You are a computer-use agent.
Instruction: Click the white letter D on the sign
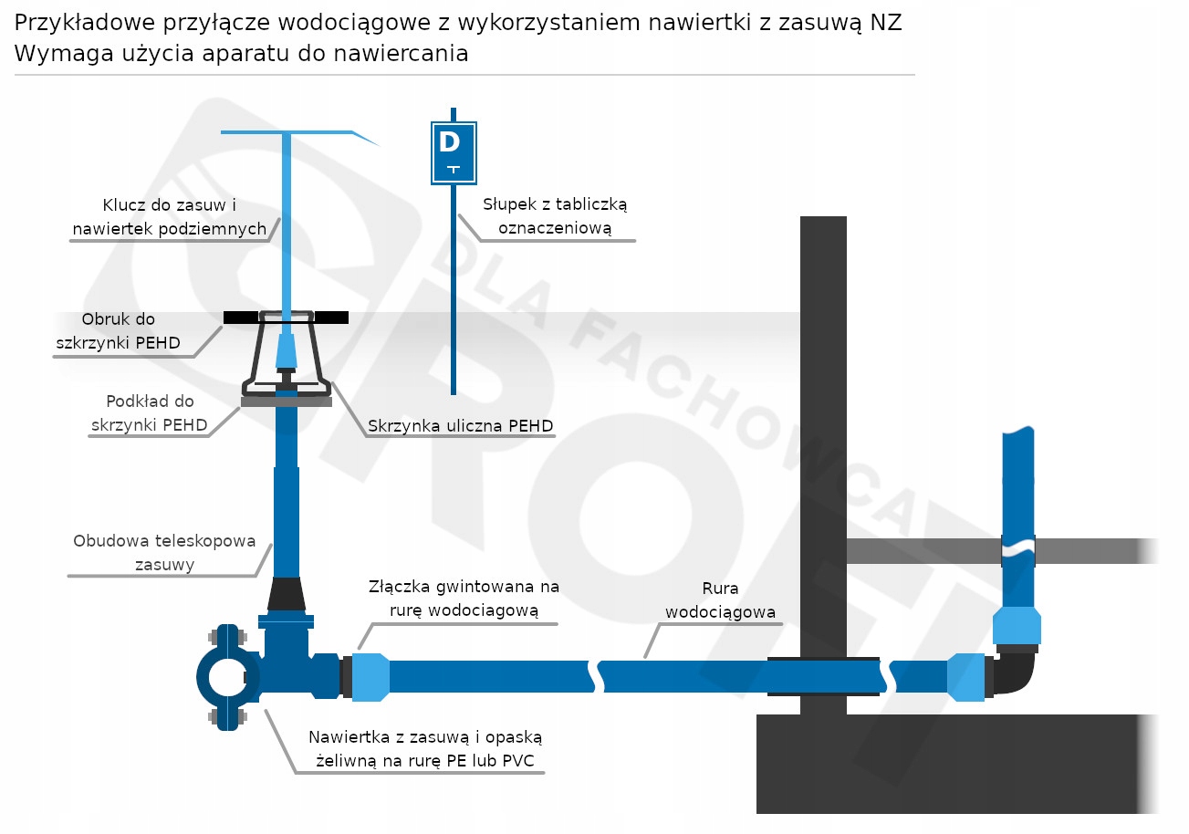click(x=449, y=142)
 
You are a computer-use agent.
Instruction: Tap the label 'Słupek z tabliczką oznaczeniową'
click(x=556, y=216)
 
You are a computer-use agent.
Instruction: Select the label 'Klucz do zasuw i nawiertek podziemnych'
click(x=170, y=216)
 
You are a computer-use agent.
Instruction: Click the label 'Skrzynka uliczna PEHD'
click(x=460, y=425)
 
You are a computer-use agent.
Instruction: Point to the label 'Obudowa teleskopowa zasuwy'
click(x=164, y=552)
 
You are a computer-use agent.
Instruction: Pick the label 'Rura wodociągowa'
click(x=720, y=600)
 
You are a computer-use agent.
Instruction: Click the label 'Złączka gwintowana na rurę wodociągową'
click(x=464, y=598)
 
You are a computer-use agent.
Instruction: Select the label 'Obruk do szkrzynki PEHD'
click(x=118, y=331)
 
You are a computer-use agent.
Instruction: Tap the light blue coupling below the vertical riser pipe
click(x=1017, y=625)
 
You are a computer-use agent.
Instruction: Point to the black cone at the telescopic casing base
click(x=287, y=594)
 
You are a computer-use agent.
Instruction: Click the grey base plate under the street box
click(x=286, y=401)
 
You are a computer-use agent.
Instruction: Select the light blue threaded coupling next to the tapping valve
click(x=370, y=676)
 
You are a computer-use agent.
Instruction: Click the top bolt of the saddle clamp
click(x=226, y=637)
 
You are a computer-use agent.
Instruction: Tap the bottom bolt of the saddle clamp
click(x=226, y=717)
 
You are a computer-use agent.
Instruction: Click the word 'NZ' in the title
click(x=885, y=23)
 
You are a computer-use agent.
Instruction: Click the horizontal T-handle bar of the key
click(x=287, y=133)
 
